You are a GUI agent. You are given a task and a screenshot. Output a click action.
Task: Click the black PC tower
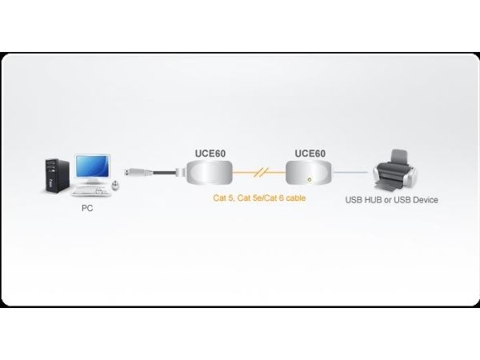tap(58, 176)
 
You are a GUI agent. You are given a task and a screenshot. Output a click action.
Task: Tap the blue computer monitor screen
tap(93, 166)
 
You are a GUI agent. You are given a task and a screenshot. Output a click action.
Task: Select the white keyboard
tap(91, 191)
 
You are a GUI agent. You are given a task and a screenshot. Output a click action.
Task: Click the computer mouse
tap(115, 186)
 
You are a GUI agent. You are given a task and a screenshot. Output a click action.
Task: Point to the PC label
tap(87, 208)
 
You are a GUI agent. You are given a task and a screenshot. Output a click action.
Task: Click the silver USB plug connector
tap(138, 171)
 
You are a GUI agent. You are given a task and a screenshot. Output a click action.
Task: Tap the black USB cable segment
tap(164, 173)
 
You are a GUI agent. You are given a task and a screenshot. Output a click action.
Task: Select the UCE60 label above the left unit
tap(210, 154)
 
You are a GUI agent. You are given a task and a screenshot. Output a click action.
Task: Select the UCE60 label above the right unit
tap(310, 154)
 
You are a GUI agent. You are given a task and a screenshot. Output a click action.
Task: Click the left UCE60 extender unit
tap(210, 173)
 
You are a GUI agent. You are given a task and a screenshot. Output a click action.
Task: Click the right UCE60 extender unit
tap(309, 173)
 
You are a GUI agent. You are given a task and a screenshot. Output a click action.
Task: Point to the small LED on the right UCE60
tap(309, 179)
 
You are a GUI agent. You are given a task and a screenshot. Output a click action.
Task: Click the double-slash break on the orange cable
tap(261, 172)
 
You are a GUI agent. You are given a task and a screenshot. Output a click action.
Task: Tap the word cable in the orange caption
tap(295, 198)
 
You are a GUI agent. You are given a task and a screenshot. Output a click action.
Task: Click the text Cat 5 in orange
tap(223, 198)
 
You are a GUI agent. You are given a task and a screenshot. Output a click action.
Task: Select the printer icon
tap(395, 170)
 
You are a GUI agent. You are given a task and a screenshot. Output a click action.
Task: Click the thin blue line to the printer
tap(351, 172)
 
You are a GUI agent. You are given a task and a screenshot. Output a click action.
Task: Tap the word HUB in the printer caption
tap(372, 200)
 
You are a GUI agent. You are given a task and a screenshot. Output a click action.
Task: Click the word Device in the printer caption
tap(426, 200)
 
